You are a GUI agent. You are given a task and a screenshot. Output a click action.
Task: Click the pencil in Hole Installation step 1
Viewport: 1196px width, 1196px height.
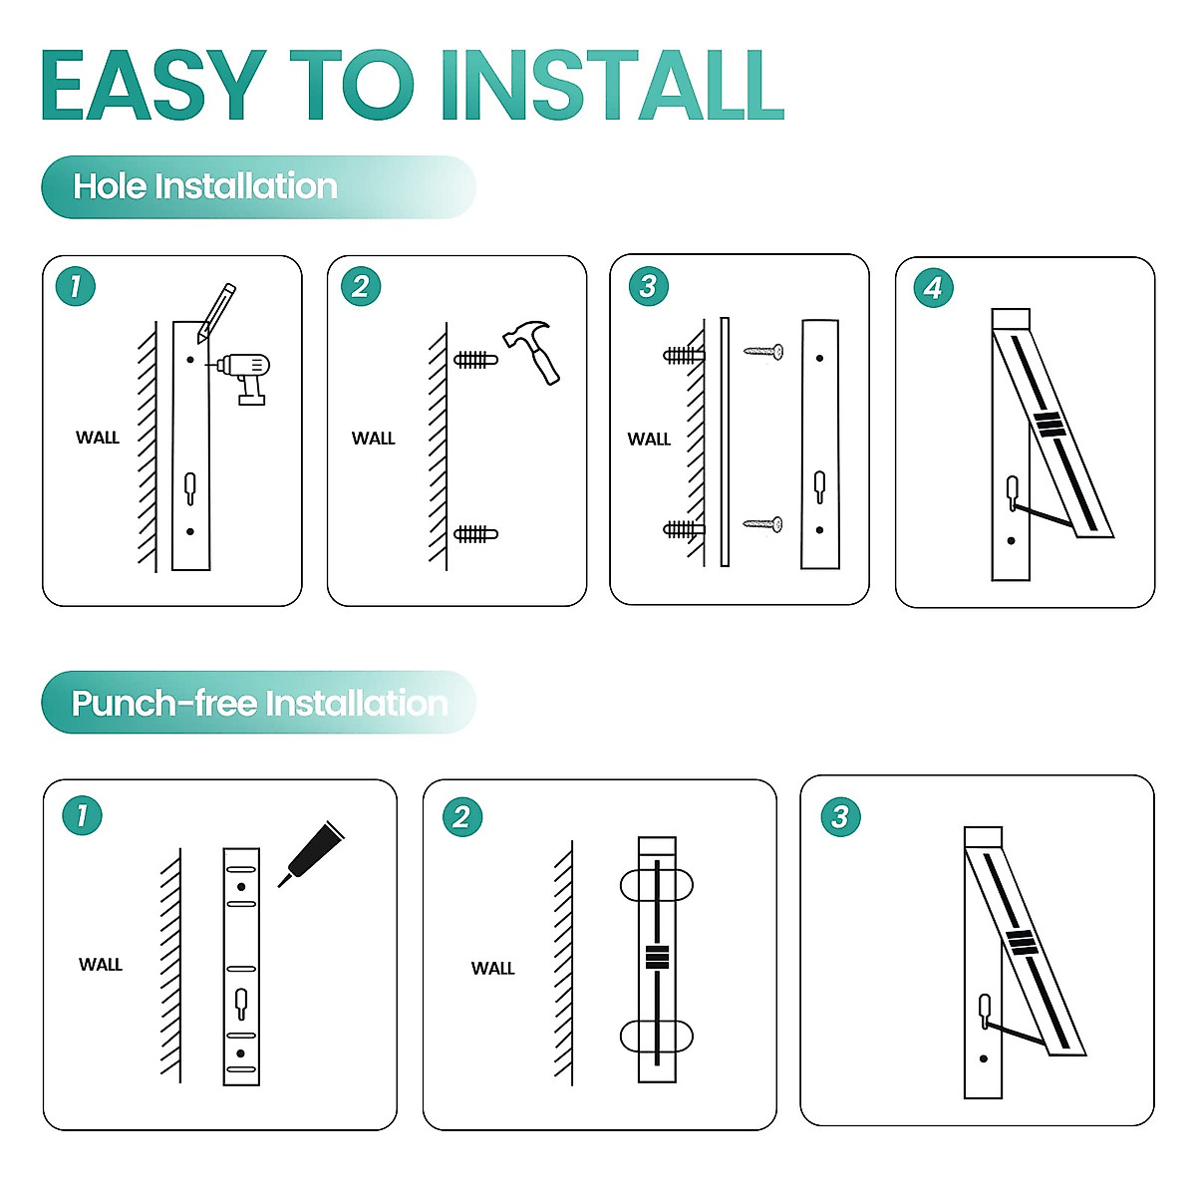pyautogui.click(x=216, y=313)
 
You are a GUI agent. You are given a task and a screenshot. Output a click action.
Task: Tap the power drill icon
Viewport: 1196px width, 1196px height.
pyautogui.click(x=241, y=379)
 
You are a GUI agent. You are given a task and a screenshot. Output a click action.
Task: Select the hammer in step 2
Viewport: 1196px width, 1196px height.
pyautogui.click(x=531, y=351)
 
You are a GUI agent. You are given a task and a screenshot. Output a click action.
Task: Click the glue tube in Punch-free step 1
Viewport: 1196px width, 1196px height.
pyautogui.click(x=310, y=854)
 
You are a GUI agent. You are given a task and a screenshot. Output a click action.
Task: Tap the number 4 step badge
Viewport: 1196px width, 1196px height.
pyautogui.click(x=934, y=289)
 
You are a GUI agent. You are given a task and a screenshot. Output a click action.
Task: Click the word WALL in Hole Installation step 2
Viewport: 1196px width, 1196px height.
pyautogui.click(x=373, y=439)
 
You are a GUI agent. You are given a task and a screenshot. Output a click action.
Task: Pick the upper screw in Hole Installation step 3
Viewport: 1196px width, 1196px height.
pyautogui.click(x=763, y=352)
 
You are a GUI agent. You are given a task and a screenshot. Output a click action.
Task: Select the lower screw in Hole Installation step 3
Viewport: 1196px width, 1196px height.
pyautogui.click(x=762, y=524)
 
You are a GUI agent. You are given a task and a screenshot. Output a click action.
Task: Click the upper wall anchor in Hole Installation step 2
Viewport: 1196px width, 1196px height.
pyautogui.click(x=476, y=360)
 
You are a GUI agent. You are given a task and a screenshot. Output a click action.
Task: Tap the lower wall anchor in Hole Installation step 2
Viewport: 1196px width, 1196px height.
pyautogui.click(x=476, y=534)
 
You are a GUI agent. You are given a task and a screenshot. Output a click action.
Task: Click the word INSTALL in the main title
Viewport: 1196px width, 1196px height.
pyautogui.click(x=612, y=85)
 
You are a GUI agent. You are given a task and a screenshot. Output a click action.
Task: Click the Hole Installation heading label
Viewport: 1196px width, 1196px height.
pyautogui.click(x=205, y=186)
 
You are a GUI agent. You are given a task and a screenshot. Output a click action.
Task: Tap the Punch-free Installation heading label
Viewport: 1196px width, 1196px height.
pyautogui.click(x=259, y=704)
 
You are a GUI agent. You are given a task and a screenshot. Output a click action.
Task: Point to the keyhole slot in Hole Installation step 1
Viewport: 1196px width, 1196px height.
pyautogui.click(x=190, y=488)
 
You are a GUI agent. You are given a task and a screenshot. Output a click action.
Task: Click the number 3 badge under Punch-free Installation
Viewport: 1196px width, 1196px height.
pyautogui.click(x=840, y=817)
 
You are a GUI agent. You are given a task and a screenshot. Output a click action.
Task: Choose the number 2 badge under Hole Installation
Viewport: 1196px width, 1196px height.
pyautogui.click(x=361, y=287)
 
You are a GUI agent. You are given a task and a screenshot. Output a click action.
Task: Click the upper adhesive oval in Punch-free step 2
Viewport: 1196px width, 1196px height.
pyautogui.click(x=657, y=884)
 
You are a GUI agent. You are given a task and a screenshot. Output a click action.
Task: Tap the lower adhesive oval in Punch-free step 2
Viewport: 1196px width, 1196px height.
pyautogui.click(x=657, y=1036)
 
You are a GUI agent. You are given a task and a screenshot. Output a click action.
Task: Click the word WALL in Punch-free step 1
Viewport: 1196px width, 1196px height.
pyautogui.click(x=101, y=965)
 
